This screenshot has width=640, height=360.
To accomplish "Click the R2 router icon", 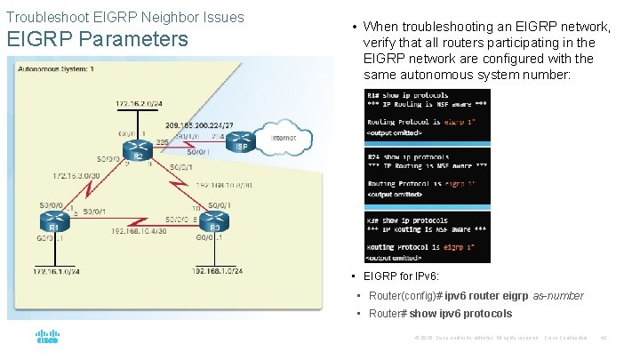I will point(138,148).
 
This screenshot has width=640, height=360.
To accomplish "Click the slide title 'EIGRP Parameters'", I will point(97,40).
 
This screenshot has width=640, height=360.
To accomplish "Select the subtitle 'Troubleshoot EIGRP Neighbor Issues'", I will point(124,17).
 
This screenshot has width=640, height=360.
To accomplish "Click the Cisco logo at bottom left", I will point(47,338).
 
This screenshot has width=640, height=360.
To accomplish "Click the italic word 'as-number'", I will point(558,295).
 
